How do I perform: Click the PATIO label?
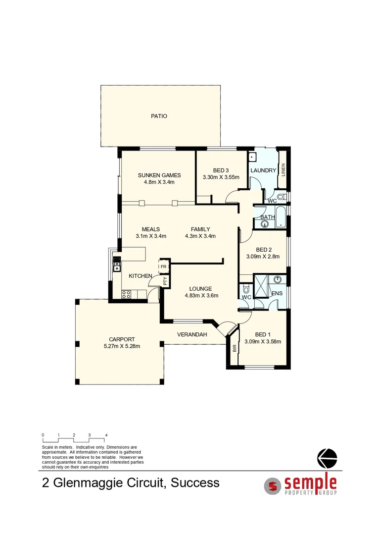tap(159, 116)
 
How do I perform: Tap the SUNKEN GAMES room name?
tap(159, 175)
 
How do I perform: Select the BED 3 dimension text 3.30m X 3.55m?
tap(221, 177)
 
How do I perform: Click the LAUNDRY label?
tap(263, 170)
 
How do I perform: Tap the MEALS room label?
tap(150, 229)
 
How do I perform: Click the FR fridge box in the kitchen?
tap(163, 266)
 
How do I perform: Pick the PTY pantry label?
tap(164, 280)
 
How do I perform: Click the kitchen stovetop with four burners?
tap(126, 294)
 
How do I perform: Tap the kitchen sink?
tap(117, 267)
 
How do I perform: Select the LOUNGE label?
tap(201, 289)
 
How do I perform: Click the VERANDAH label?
tap(192, 335)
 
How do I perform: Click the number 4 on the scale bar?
tap(106, 434)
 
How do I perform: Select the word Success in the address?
tap(195, 482)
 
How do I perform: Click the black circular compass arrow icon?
tap(327, 458)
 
